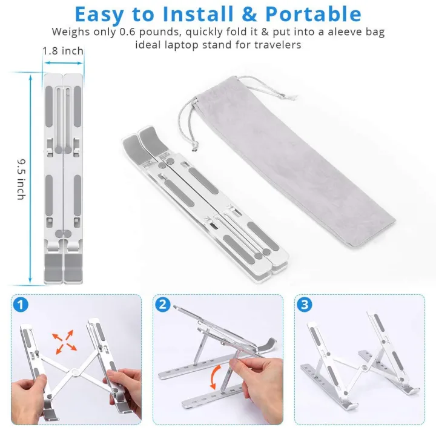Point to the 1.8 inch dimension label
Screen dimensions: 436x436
click(63, 51)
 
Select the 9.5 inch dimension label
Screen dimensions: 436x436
click(21, 179)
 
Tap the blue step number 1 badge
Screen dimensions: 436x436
click(22, 305)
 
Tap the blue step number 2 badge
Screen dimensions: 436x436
click(162, 305)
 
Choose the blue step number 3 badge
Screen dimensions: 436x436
click(304, 305)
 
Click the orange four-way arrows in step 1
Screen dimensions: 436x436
click(63, 340)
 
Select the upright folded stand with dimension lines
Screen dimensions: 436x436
click(63, 176)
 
